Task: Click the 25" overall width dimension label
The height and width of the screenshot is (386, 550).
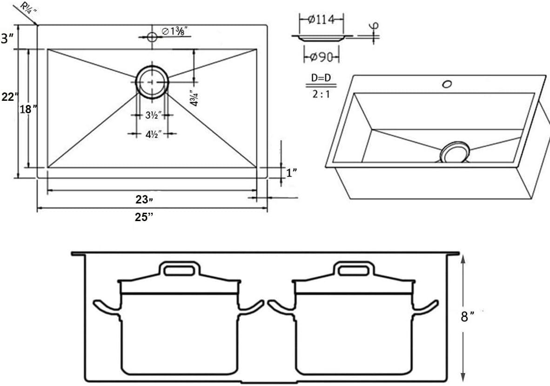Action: [144, 216]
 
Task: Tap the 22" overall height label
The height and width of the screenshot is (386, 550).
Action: [9, 97]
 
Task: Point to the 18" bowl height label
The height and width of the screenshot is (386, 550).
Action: [28, 110]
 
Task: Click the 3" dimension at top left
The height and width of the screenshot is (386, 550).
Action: [7, 39]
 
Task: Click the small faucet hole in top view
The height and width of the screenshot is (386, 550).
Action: [152, 37]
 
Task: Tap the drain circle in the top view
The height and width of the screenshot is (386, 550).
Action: [152, 81]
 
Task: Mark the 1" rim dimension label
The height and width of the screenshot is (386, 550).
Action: [292, 173]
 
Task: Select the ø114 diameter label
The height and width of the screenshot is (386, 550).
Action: [322, 20]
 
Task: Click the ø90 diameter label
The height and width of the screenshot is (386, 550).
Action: [322, 57]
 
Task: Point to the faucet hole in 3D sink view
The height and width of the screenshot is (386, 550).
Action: [447, 84]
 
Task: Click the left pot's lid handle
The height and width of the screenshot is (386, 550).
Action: [180, 269]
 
